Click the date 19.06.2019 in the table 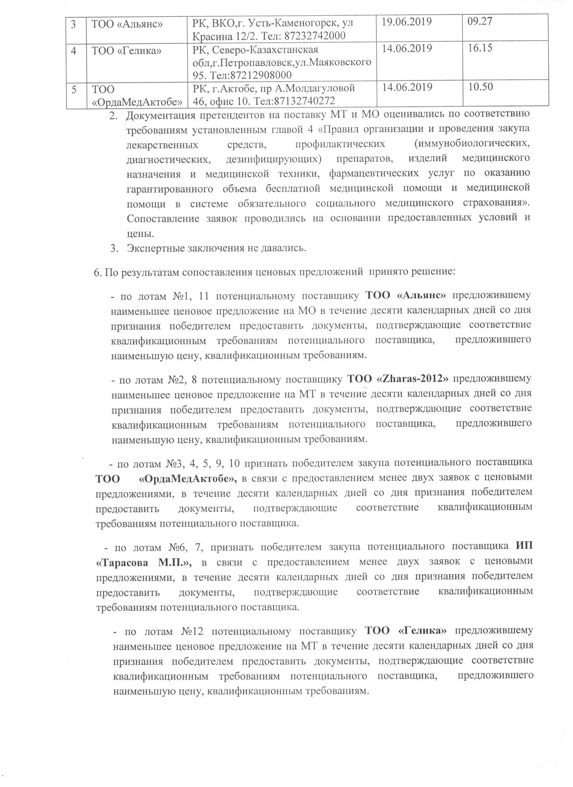407,22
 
